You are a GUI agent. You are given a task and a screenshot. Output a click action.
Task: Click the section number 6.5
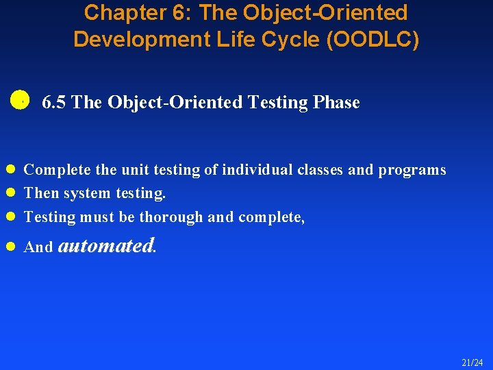(54, 103)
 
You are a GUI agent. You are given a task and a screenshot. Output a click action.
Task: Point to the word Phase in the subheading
(336, 103)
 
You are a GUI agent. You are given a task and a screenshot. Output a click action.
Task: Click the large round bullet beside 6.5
(20, 99)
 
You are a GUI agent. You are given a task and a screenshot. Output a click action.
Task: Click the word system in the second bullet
(90, 194)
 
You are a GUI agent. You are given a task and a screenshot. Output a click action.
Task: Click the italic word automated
(106, 245)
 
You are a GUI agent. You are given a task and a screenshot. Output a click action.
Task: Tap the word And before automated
(38, 247)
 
